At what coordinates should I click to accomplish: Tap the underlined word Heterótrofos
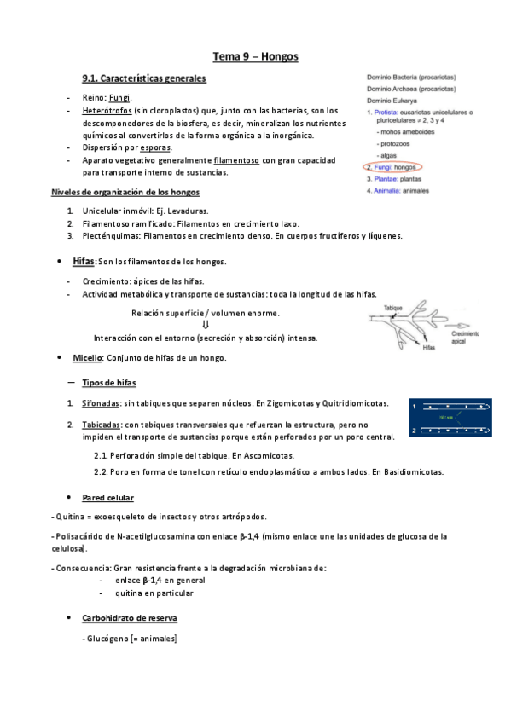(107, 111)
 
